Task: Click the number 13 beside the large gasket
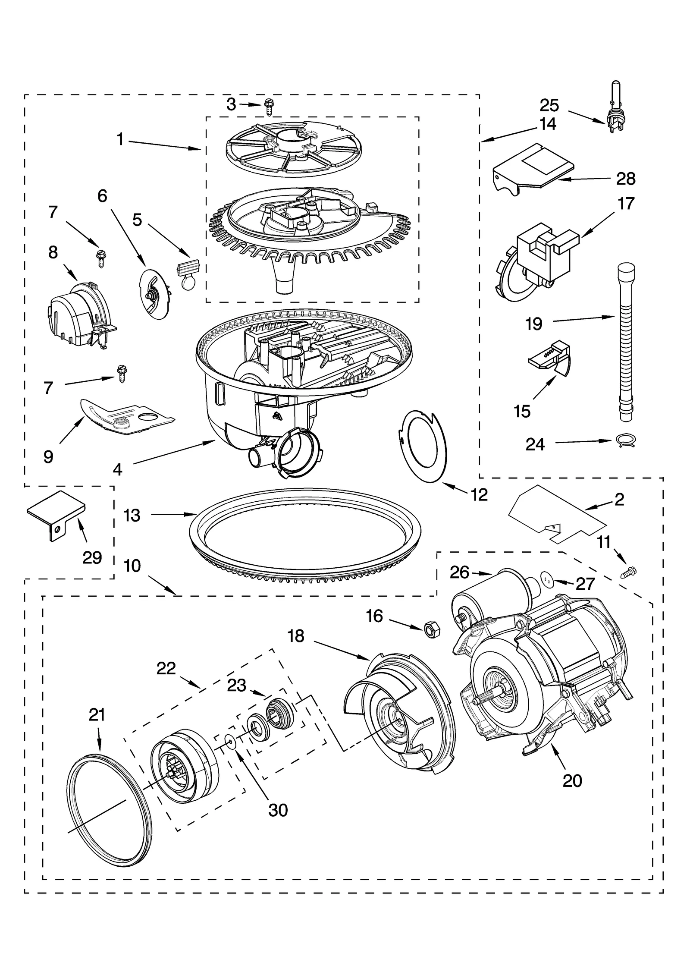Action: click(132, 516)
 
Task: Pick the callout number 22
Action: click(166, 668)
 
